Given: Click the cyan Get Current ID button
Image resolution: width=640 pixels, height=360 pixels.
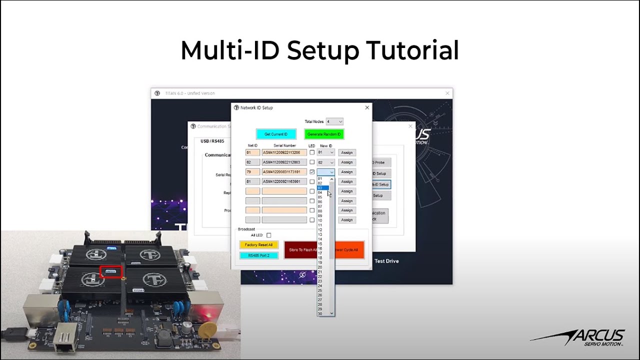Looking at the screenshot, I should pos(276,134).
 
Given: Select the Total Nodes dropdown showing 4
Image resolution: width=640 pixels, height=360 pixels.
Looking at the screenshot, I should pos(334,121).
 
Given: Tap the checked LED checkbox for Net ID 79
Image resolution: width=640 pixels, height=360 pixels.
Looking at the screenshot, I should pos(312,172).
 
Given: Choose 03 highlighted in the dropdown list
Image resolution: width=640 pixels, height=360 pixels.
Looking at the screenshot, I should pos(322,188).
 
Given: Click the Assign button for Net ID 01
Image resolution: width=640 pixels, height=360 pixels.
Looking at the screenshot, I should pos(347,152).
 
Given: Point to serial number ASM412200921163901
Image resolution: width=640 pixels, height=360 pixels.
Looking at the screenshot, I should pos(284,181).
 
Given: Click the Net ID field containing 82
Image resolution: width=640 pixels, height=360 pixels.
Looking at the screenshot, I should pos(252,162).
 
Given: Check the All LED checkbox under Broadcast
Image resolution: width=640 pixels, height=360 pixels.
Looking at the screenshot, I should pos(268,235).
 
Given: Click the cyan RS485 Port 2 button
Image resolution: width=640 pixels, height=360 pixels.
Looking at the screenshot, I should pos(259,255).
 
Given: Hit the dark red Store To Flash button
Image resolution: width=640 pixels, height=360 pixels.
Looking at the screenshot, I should pos(301,249).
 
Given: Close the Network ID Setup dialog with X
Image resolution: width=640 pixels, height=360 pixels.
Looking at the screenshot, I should pos(367,107).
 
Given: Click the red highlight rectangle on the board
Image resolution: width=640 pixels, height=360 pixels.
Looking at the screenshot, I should pos(110,272).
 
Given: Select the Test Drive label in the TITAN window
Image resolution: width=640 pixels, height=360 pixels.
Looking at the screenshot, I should pos(386,261).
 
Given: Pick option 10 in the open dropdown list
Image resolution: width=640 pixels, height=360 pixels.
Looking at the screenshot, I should pos(320,220).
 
